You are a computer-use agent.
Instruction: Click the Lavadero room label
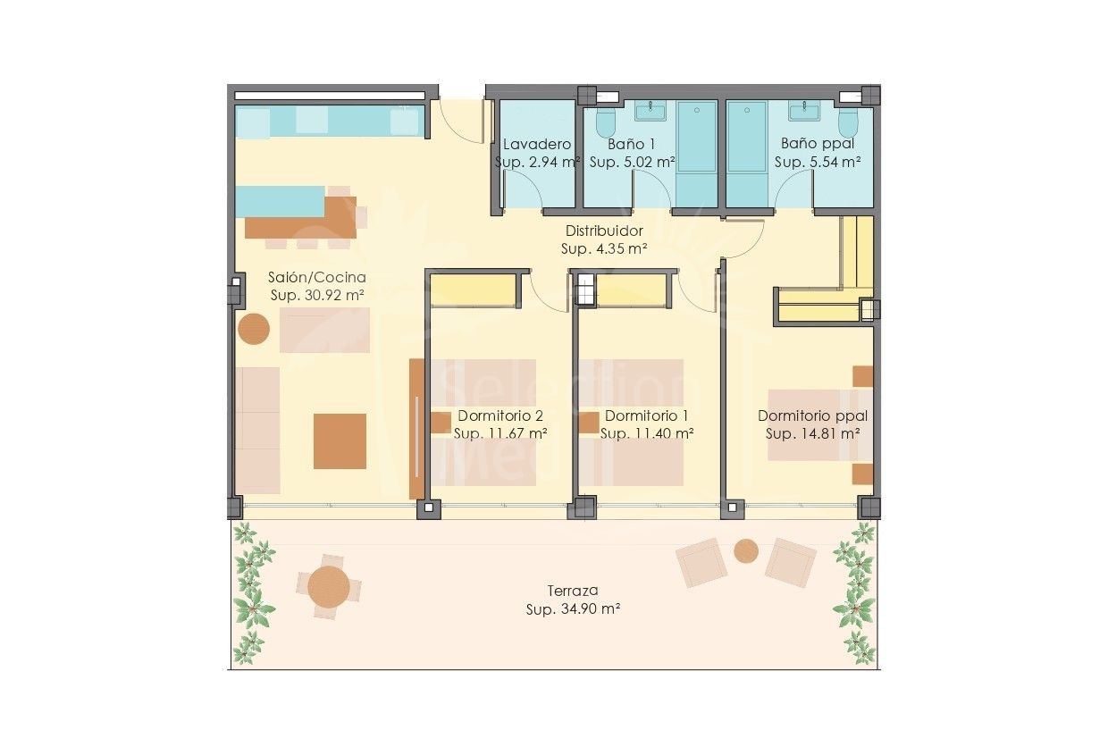tap(537, 145)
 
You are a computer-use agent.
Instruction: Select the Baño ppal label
tap(817, 144)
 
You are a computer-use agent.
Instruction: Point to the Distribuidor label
tap(604, 231)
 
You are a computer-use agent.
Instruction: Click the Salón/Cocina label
tap(316, 277)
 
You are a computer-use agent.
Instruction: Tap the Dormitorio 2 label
tap(500, 415)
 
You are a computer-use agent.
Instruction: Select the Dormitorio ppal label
tap(812, 416)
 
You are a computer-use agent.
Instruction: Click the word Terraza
tap(573, 591)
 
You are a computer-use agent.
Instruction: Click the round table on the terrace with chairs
tap(329, 586)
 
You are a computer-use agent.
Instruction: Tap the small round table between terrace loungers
tap(746, 551)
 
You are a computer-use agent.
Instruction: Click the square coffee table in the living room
tap(340, 441)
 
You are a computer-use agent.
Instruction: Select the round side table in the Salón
tap(254, 329)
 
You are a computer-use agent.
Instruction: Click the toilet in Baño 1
tap(606, 122)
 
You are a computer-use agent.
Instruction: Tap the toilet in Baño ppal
tap(848, 122)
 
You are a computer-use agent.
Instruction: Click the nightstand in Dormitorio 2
tap(441, 423)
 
